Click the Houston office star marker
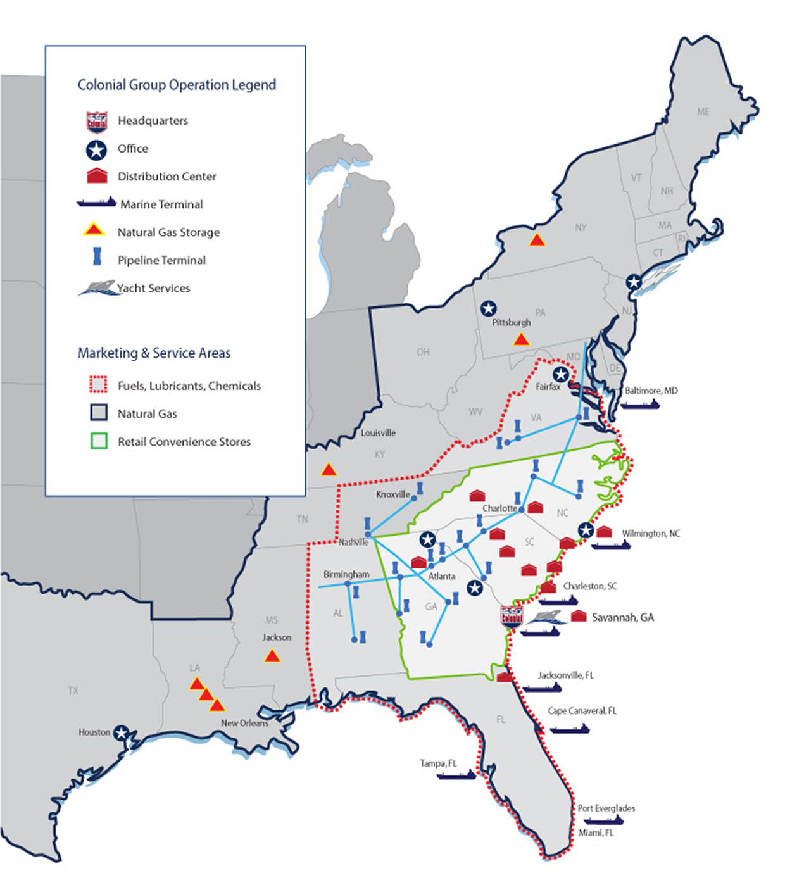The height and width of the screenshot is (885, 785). [x=120, y=733]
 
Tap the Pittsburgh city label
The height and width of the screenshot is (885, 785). [x=512, y=322]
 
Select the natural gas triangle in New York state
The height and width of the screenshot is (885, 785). [x=537, y=240]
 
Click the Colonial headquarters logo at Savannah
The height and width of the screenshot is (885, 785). [x=512, y=615]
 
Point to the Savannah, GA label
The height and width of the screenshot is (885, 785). [x=622, y=617]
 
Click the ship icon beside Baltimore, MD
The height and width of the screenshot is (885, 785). [x=639, y=404]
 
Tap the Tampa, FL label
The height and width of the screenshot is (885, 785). [x=438, y=763]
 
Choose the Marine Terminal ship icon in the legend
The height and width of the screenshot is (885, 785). [x=96, y=203]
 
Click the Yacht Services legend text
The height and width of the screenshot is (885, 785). [x=154, y=288]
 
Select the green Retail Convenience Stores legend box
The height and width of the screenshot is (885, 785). [x=99, y=441]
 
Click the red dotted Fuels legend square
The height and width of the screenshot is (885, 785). [x=99, y=385]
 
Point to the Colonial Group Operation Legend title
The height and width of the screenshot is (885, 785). [x=177, y=85]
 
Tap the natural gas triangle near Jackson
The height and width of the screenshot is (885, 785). [x=272, y=656]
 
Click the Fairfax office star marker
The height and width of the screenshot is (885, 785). [x=560, y=374]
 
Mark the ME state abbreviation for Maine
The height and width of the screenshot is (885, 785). [x=703, y=112]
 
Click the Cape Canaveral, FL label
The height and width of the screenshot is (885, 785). [x=582, y=711]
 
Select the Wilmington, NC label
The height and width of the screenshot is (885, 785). [x=651, y=534]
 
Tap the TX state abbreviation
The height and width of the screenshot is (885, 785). [x=73, y=691]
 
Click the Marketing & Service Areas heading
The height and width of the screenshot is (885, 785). [x=154, y=353]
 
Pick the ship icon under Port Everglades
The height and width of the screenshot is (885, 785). [x=603, y=821]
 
